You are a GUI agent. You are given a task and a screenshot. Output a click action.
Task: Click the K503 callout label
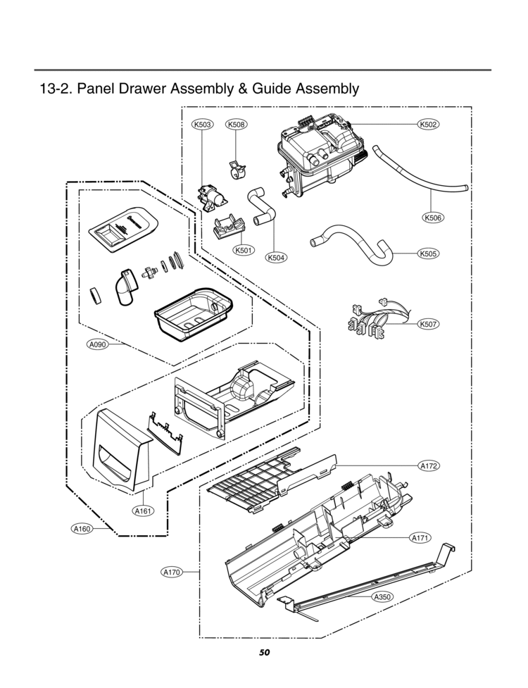point(202,125)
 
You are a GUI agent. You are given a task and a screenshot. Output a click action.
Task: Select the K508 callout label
point(235,125)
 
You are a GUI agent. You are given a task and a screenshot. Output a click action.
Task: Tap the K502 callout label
point(428,125)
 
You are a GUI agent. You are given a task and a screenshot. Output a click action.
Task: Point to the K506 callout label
point(433,218)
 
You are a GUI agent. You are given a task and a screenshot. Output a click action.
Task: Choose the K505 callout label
point(428,253)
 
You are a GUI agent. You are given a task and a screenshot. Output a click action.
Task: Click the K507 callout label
point(428,324)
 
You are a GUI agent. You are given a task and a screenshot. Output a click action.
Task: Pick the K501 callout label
point(244,250)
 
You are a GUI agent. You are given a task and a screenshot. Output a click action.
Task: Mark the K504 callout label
point(275,258)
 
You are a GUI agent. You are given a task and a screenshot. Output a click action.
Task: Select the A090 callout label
point(97,344)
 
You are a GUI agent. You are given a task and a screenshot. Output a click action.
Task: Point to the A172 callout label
point(428,466)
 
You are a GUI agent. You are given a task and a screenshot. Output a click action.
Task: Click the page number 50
point(264,652)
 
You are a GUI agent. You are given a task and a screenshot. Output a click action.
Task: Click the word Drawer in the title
point(155,89)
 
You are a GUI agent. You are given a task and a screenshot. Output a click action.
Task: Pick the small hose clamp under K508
point(236,169)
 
